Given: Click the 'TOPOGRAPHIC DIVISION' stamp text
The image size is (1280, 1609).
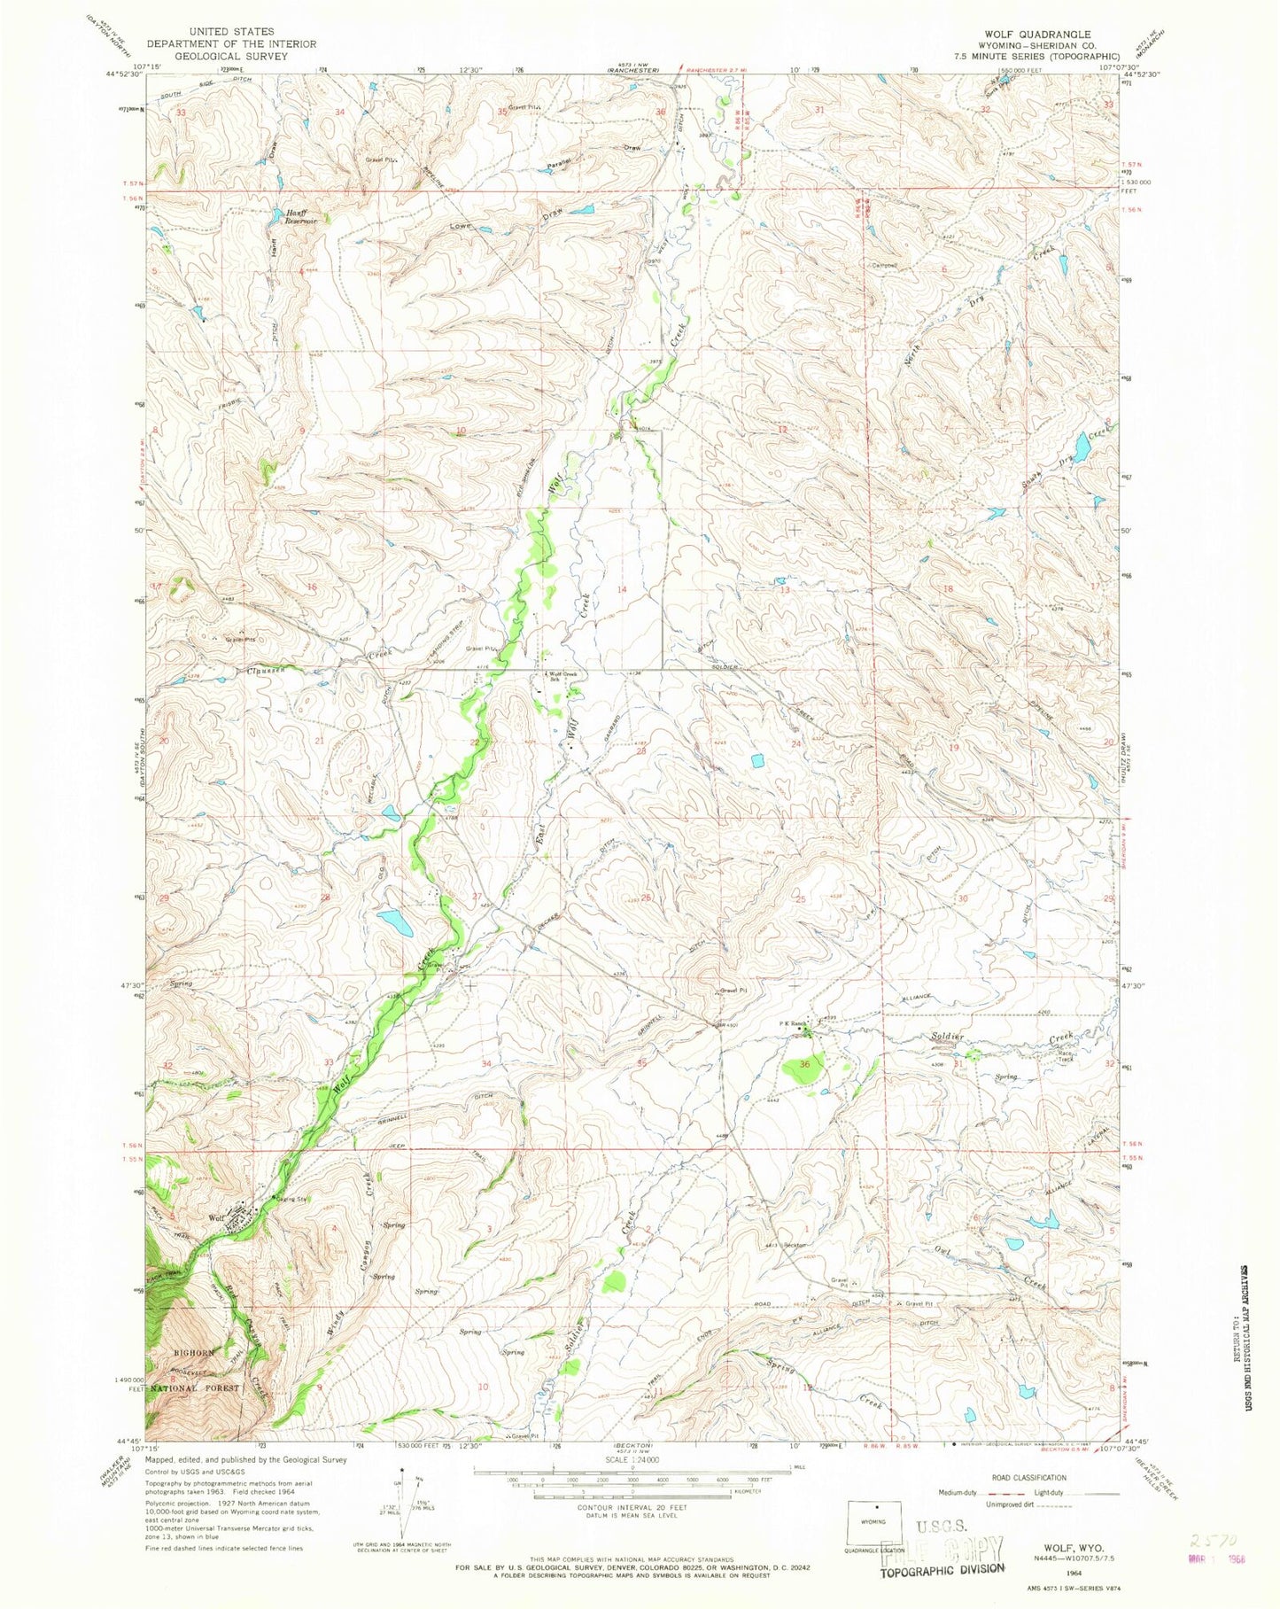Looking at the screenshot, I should (x=942, y=1567).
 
